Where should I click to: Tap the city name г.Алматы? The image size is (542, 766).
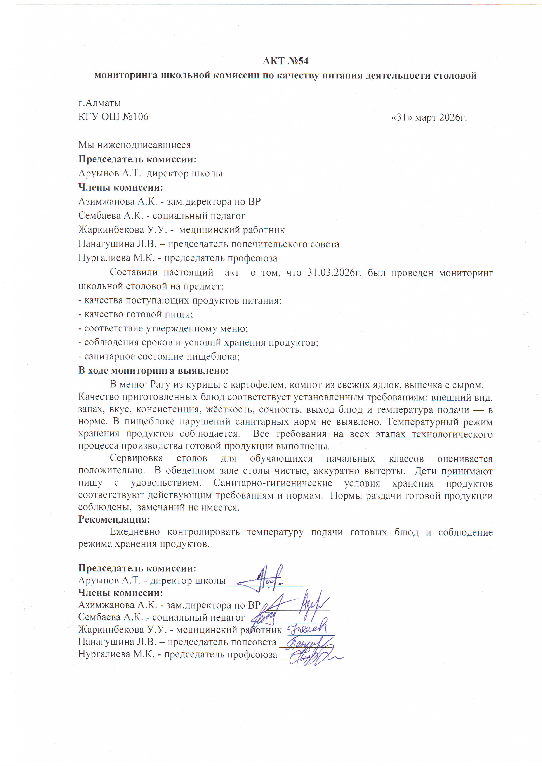[x=99, y=103]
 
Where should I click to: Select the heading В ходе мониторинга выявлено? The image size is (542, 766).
[x=153, y=371]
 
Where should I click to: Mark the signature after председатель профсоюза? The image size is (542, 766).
[x=312, y=656]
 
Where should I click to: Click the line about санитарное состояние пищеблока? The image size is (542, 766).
[x=159, y=357]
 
